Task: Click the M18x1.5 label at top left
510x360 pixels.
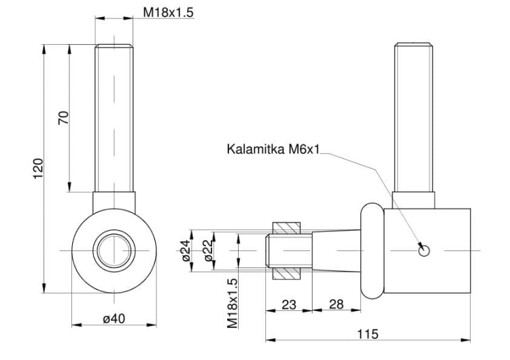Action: coord(168,12)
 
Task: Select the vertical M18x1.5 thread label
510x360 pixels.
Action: coord(233,304)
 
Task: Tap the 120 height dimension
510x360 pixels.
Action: coord(38,168)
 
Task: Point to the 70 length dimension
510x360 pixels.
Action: coord(64,118)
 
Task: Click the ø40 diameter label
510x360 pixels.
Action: coord(114,318)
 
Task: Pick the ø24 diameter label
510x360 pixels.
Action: coord(186,250)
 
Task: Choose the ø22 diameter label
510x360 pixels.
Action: coord(209,250)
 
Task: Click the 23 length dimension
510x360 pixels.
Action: coord(289,305)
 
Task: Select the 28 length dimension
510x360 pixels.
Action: coord(337,304)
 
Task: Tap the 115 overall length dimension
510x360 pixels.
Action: coord(368,334)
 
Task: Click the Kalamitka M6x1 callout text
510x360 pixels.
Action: coord(273,149)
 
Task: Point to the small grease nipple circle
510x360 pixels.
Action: coord(424,250)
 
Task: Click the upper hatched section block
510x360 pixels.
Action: coord(286,228)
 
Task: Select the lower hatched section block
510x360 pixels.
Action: coord(286,274)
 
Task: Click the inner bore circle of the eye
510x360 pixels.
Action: coord(114,234)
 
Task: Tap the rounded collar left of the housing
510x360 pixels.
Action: coord(373,250)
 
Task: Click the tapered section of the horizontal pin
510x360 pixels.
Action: coord(337,250)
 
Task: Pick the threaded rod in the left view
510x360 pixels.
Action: coord(114,118)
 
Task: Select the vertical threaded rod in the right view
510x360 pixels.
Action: coord(413,117)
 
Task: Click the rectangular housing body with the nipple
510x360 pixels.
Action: coord(428,250)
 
